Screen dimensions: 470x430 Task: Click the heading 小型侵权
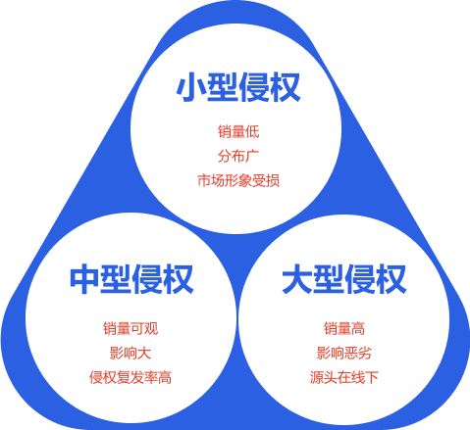pyautogui.click(x=238, y=87)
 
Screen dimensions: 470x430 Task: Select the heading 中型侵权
pyautogui.click(x=131, y=279)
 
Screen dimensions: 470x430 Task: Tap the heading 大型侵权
pyautogui.click(x=344, y=279)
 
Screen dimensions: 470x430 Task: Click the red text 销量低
pyautogui.click(x=238, y=131)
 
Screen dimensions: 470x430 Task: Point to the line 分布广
pyautogui.click(x=238, y=156)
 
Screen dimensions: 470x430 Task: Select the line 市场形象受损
pyautogui.click(x=238, y=180)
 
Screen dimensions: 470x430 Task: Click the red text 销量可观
pyautogui.click(x=131, y=328)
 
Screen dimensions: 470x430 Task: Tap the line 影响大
pyautogui.click(x=131, y=353)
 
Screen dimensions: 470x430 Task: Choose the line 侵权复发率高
pyautogui.click(x=131, y=377)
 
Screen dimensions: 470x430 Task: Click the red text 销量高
pyautogui.click(x=344, y=328)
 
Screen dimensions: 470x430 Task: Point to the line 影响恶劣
pyautogui.click(x=344, y=353)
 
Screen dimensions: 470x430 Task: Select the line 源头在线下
pyautogui.click(x=344, y=377)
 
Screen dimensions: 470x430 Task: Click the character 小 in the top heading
pyautogui.click(x=191, y=87)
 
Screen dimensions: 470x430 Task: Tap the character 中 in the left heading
pyautogui.click(x=84, y=279)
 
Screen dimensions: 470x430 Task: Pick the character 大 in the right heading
pyautogui.click(x=297, y=279)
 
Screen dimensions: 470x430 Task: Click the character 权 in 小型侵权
pyautogui.click(x=286, y=87)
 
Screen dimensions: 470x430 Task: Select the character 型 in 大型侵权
pyautogui.click(x=329, y=279)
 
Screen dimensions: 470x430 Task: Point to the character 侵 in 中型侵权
pyautogui.click(x=147, y=279)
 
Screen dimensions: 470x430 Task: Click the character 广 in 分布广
pyautogui.click(x=252, y=156)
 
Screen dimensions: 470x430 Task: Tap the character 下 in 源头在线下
pyautogui.click(x=372, y=377)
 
